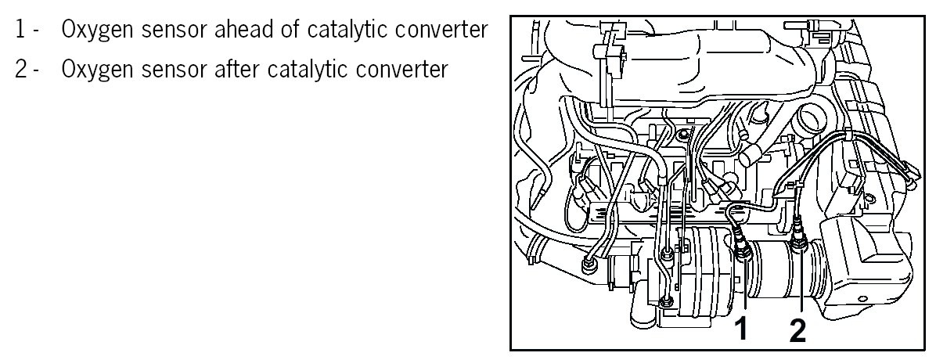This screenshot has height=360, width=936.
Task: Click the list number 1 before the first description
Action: coord(20,31)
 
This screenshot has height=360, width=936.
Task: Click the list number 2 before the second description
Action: coord(20,70)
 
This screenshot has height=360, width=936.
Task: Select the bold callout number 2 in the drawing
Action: coord(797,329)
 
